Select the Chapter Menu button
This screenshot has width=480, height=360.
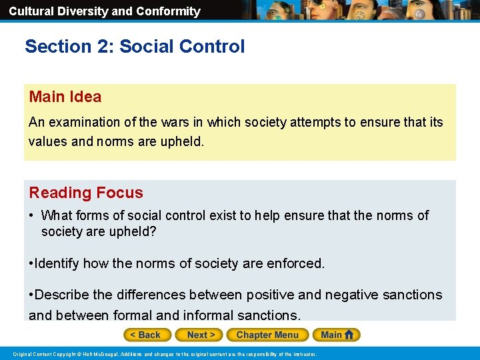[267, 335]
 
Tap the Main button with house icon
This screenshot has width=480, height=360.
[337, 335]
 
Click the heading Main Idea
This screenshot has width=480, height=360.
[65, 97]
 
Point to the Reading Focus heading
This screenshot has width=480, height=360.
[86, 193]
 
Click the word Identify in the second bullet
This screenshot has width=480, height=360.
[58, 263]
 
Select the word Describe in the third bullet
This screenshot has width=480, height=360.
[62, 295]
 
